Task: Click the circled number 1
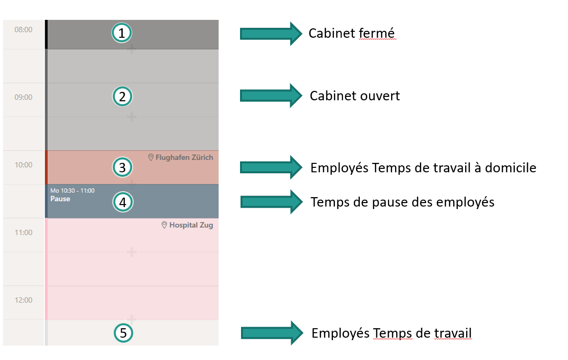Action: click(x=122, y=33)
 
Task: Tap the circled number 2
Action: click(x=122, y=96)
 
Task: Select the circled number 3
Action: click(x=122, y=167)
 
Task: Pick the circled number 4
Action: click(x=122, y=202)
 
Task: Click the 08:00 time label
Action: click(x=23, y=30)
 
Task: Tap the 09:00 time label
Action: click(x=23, y=97)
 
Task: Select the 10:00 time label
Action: click(x=23, y=165)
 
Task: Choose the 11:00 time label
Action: click(x=23, y=232)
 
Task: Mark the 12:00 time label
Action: click(x=23, y=300)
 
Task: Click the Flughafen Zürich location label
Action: click(x=181, y=157)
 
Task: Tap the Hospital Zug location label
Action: click(x=187, y=225)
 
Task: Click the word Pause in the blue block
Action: click(x=60, y=199)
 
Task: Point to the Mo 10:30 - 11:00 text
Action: click(x=72, y=190)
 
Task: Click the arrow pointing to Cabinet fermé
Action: click(x=271, y=33)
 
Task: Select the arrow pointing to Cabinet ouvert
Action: click(x=271, y=95)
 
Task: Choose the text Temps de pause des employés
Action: click(x=403, y=202)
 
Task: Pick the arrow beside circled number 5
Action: click(x=272, y=333)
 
